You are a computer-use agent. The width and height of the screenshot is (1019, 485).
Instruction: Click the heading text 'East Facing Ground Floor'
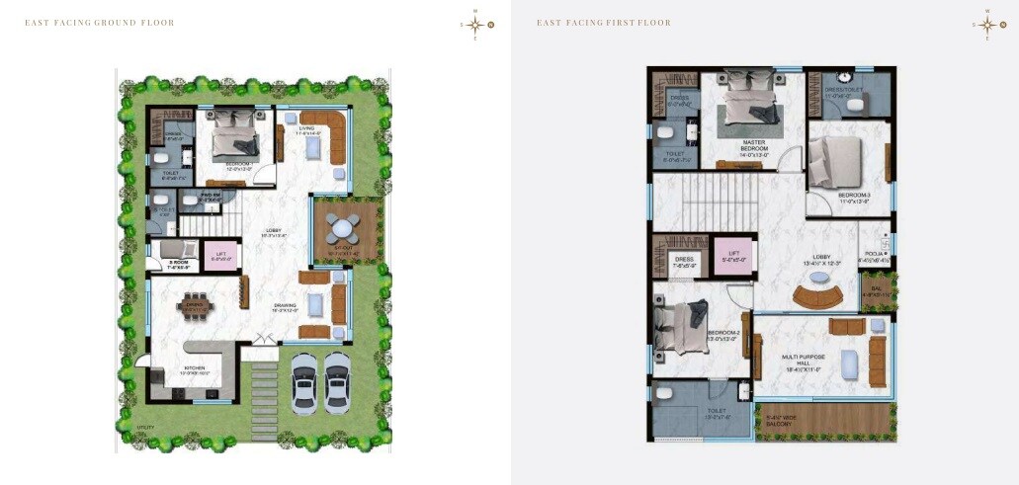99,23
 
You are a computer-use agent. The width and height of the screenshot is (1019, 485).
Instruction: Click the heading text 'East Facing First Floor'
603,23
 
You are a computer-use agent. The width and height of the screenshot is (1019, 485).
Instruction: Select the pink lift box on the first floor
732,255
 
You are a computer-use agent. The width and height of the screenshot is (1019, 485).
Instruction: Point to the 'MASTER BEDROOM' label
754,145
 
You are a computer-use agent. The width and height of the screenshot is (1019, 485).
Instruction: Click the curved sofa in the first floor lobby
818,295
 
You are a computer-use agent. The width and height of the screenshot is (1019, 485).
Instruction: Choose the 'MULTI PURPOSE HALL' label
802,360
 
